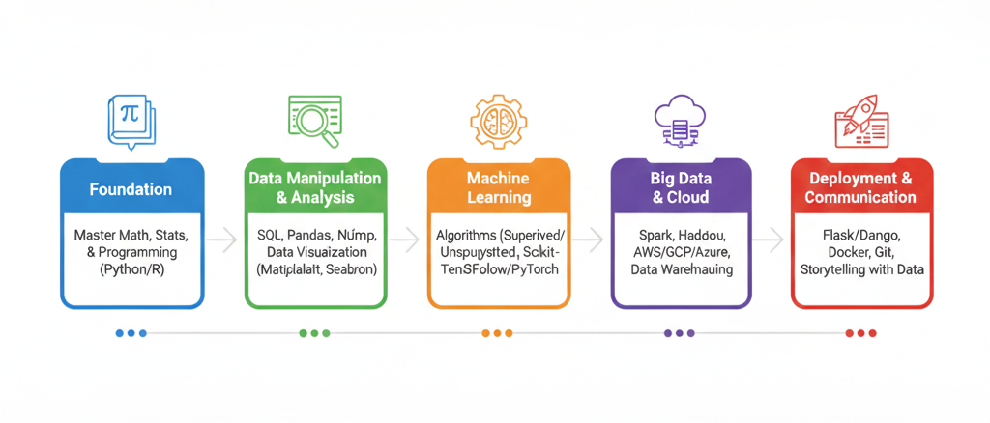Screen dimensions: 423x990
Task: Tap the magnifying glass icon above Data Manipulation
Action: (314, 121)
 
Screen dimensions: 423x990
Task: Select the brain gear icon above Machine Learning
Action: (498, 121)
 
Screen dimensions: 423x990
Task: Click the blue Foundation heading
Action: (131, 189)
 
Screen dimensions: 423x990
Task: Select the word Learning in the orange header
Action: (499, 198)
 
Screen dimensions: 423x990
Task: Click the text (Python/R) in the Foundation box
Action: (131, 271)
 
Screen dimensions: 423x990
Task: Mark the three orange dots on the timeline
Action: (497, 333)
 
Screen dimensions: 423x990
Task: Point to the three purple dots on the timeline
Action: (679, 333)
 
